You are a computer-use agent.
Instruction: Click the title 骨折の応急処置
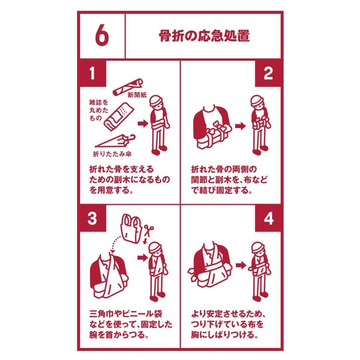click(204, 36)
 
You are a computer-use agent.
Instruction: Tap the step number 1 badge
click(93, 73)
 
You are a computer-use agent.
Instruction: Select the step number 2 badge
click(268, 73)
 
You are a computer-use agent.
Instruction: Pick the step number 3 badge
click(93, 218)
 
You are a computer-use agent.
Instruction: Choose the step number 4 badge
click(268, 218)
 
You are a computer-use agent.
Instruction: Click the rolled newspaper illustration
click(128, 87)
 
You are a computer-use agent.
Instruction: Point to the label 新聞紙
click(137, 95)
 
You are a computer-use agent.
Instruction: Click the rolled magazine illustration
click(117, 117)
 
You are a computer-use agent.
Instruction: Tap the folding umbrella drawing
click(115, 141)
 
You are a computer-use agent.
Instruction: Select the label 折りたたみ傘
click(112, 154)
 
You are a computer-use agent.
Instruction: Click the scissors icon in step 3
click(149, 230)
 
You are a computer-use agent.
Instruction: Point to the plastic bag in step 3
click(131, 228)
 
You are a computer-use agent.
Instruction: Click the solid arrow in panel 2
click(240, 126)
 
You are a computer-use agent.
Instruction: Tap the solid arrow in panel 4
click(241, 265)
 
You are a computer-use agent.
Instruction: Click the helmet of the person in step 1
click(156, 100)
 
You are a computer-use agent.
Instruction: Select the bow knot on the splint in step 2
click(220, 126)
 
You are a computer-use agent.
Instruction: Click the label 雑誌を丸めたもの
click(99, 110)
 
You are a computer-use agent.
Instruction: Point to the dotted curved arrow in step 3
click(115, 243)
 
